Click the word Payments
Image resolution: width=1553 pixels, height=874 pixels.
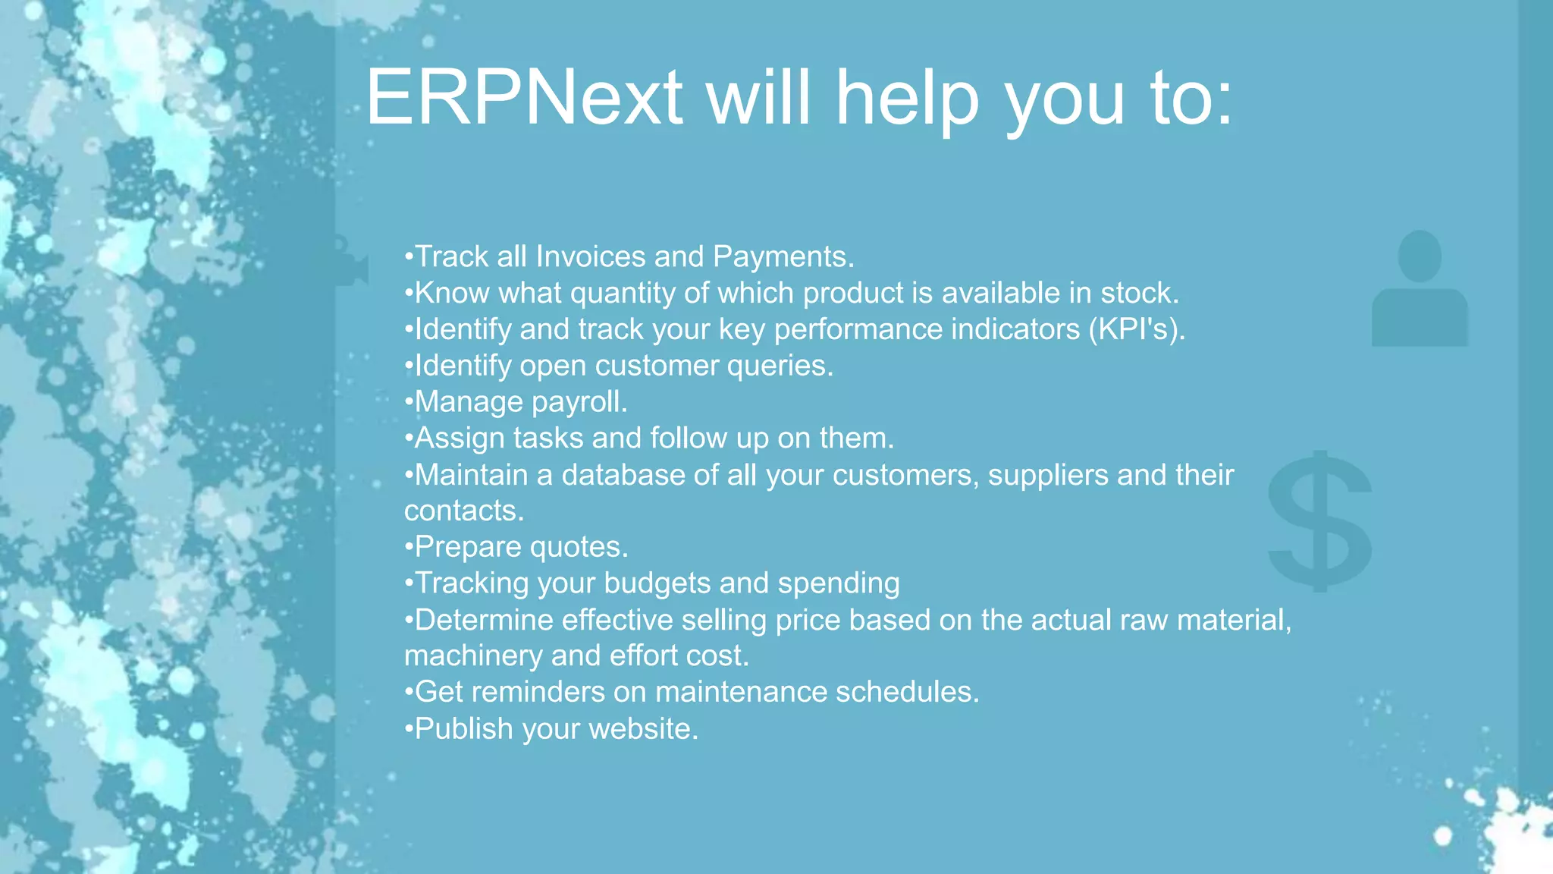click(x=783, y=257)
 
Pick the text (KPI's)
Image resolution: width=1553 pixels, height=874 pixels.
click(x=1136, y=329)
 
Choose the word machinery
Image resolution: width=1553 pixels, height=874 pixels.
click(x=473, y=655)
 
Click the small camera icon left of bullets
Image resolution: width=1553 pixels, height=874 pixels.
click(x=350, y=263)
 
